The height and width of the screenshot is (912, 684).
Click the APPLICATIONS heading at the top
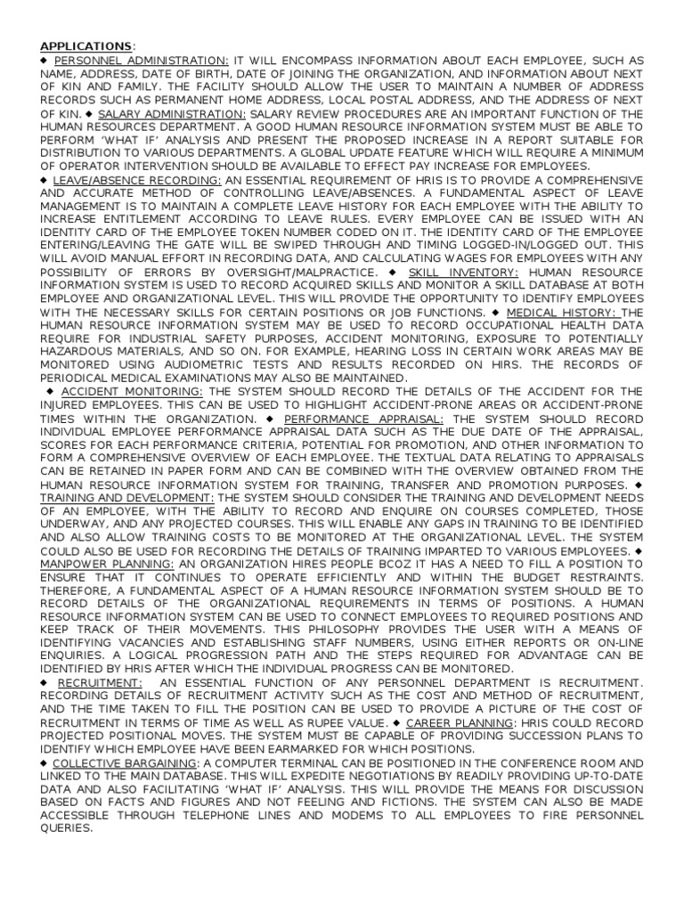(x=85, y=45)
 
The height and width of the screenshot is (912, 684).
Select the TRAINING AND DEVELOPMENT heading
(x=126, y=497)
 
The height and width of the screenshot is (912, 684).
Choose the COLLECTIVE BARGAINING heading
(x=125, y=763)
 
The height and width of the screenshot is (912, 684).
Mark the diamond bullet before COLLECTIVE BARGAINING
(x=45, y=763)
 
